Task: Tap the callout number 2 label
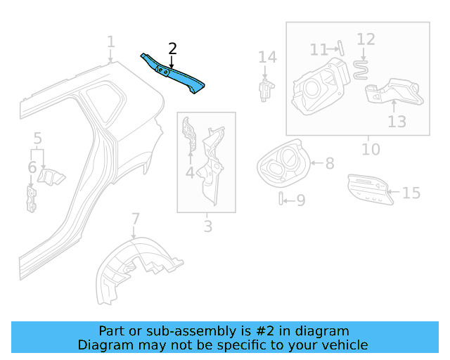pos(172,49)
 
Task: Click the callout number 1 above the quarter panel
pos(110,43)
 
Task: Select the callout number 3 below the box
pos(207,226)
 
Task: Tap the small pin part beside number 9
pos(281,199)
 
